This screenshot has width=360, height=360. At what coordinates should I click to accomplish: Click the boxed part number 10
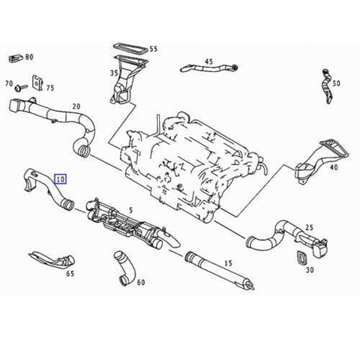[61, 178]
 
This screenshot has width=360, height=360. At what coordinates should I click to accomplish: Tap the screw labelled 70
[21, 88]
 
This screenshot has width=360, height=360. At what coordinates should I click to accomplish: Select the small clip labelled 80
[16, 58]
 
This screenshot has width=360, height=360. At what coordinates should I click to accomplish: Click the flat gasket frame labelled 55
[131, 49]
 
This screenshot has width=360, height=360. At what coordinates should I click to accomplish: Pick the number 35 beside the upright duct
[114, 73]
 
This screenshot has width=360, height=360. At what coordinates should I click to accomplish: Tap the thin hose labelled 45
[209, 67]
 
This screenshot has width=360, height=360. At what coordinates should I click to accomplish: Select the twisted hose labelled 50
[326, 86]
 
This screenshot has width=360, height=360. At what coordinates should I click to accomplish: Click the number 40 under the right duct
[334, 167]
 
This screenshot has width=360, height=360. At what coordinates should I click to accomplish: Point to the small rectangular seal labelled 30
[302, 257]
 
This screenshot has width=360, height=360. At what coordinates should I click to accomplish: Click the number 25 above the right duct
[309, 227]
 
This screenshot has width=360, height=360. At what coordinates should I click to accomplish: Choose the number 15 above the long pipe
[228, 263]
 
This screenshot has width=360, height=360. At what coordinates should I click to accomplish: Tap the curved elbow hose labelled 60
[124, 268]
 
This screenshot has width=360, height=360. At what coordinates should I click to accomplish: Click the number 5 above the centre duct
[130, 210]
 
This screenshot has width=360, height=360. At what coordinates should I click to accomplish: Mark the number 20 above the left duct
[76, 106]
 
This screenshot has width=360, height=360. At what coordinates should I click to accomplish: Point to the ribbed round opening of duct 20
[83, 150]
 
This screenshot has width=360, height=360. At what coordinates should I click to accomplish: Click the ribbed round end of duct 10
[68, 205]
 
